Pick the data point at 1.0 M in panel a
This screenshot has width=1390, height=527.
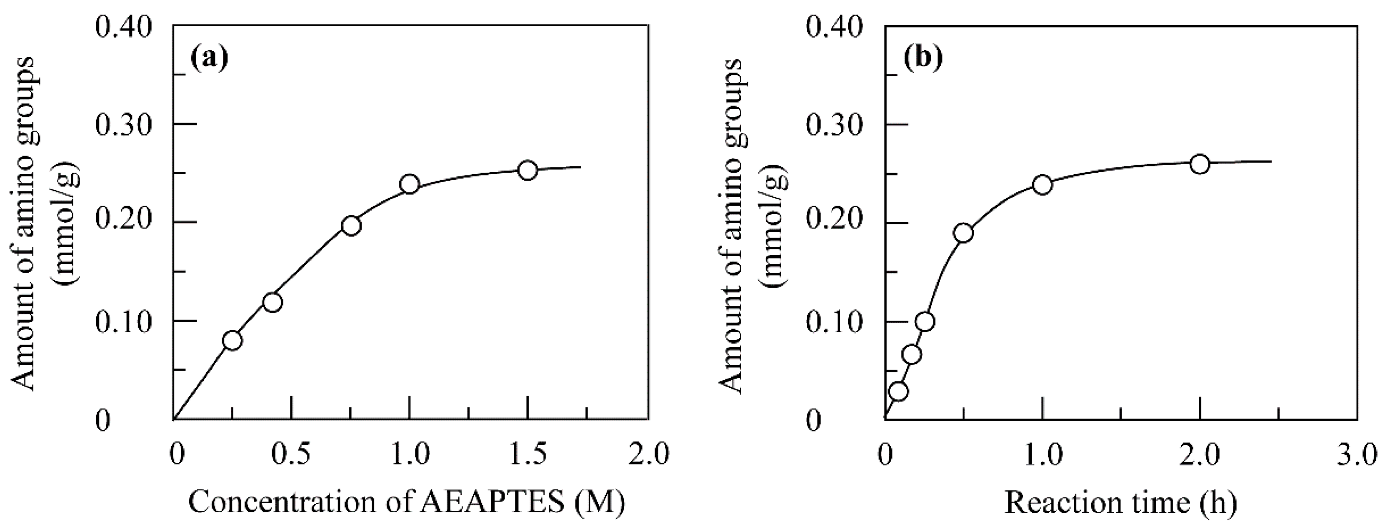(410, 184)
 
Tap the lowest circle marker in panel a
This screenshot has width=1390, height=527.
(232, 340)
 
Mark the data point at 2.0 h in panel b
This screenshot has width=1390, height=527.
(1200, 164)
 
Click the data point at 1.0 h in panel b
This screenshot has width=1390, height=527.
(1042, 185)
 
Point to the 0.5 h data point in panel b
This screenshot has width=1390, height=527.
(963, 233)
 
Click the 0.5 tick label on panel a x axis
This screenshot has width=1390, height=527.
(291, 454)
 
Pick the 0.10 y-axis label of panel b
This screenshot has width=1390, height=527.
(833, 322)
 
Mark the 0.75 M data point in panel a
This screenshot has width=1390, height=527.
(351, 226)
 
